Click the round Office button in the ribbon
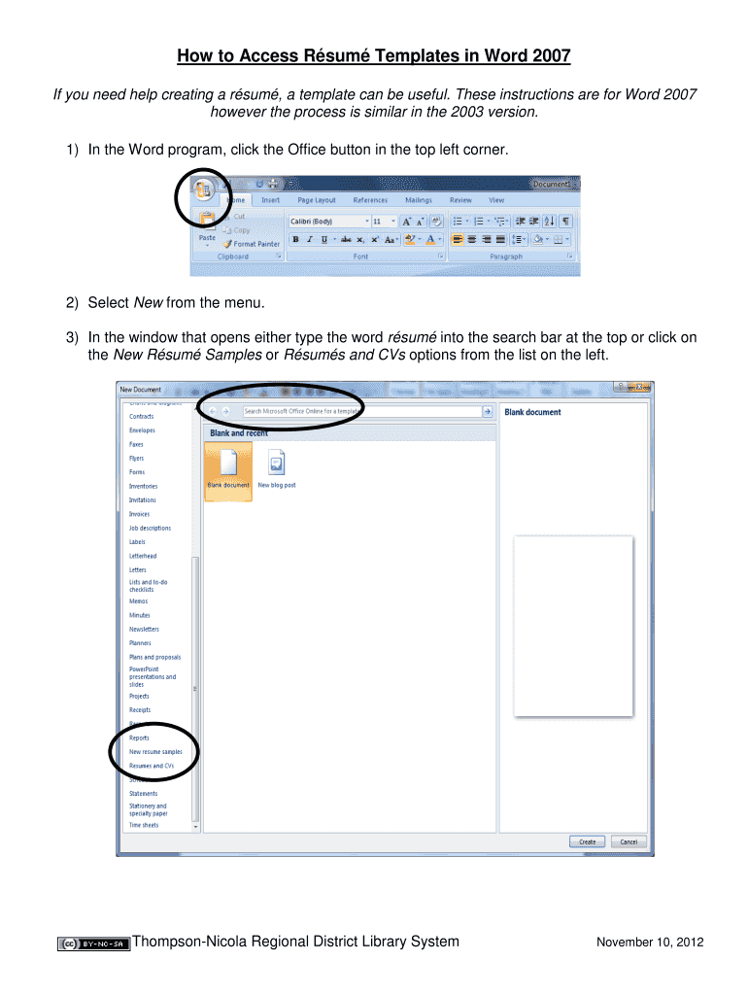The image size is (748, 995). tap(203, 189)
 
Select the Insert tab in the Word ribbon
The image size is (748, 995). tap(270, 200)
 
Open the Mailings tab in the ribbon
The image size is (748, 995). tap(419, 200)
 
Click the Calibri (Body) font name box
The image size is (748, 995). tap(326, 222)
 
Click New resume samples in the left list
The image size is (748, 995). tap(155, 752)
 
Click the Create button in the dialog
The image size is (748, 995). tap(588, 841)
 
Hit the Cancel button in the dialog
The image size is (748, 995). tap(629, 841)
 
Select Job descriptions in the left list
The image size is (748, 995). tap(150, 528)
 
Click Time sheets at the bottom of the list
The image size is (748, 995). tap(144, 825)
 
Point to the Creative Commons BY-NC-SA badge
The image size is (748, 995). tap(94, 944)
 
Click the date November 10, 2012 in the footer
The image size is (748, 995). tap(649, 943)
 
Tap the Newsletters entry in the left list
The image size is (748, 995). tap(144, 629)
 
